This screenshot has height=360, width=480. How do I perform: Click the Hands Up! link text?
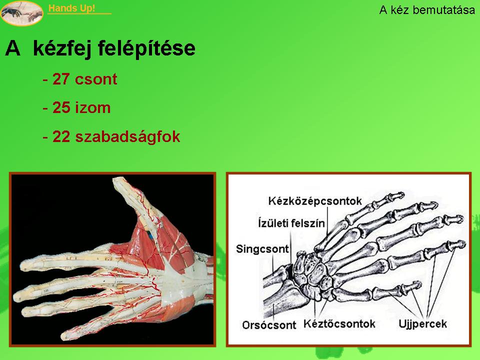[x=71, y=8]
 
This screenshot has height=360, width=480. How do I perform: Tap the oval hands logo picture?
[x=21, y=13]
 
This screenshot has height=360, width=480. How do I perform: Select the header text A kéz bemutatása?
[x=427, y=10]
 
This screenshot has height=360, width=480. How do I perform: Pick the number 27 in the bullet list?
[x=61, y=79]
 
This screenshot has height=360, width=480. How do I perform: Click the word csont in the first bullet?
[x=96, y=79]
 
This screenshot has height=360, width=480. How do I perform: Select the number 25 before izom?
[x=61, y=107]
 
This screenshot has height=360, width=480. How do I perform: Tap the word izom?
[x=93, y=108]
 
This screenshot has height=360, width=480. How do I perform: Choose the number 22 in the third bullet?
[x=61, y=136]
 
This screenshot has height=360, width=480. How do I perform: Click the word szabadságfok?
[x=127, y=137]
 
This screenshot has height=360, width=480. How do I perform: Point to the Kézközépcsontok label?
[x=315, y=201]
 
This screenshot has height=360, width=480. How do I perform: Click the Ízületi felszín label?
[x=291, y=223]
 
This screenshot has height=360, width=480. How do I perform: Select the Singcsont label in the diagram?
[x=262, y=249]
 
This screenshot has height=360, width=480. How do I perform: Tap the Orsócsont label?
[x=269, y=325]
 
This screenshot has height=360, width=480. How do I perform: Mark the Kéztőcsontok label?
[x=339, y=323]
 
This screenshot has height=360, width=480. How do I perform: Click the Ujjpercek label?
[x=423, y=323]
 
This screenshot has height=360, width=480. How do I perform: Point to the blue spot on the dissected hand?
[x=151, y=235]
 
